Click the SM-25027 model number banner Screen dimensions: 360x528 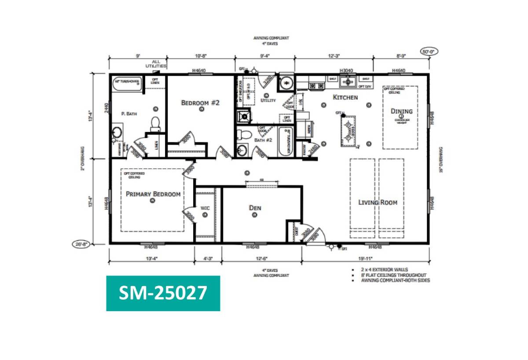pos(163,293)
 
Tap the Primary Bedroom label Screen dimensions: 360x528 pos(153,194)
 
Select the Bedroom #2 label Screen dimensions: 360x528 pos(200,103)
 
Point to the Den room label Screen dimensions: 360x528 pos(255,208)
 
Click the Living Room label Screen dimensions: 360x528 pos(378,202)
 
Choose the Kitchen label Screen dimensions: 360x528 pos(345,97)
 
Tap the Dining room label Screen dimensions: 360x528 pos(401,111)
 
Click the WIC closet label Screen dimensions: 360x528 pos(205,208)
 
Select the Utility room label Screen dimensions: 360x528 pos(268,100)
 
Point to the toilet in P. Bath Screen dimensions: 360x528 pos(155,124)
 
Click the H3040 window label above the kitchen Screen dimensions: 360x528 pos(347,70)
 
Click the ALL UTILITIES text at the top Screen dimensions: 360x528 pos(157,64)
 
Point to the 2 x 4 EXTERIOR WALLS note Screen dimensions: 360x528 pos(387,269)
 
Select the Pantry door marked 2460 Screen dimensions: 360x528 pos(313,150)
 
